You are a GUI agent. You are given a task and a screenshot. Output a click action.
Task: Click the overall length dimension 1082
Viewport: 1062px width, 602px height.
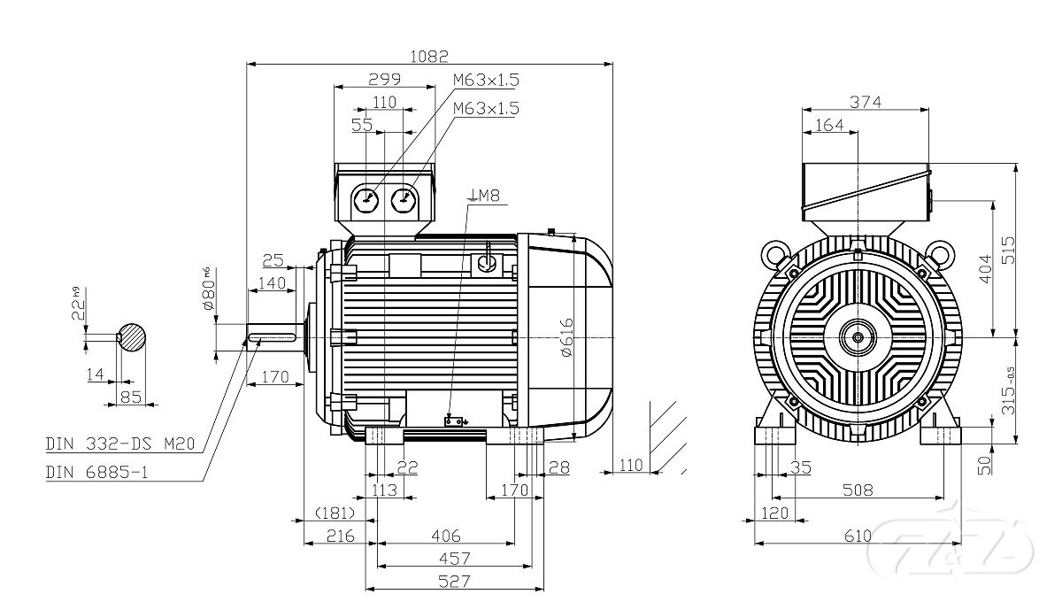(x=429, y=57)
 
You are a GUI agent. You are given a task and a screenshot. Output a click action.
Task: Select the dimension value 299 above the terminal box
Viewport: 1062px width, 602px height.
(x=384, y=79)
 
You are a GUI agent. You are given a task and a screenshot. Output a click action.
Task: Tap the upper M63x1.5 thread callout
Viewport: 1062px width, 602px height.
(x=486, y=80)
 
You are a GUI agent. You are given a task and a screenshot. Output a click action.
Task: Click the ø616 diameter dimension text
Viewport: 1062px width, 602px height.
(x=567, y=336)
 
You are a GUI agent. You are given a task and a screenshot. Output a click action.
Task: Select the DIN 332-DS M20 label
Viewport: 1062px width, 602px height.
(x=120, y=444)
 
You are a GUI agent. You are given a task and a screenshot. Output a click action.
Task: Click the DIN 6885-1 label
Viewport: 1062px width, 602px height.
(x=96, y=472)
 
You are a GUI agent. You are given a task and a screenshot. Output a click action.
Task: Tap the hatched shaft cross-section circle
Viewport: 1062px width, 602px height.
(x=132, y=336)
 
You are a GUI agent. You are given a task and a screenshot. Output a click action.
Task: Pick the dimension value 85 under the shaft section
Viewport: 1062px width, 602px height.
(x=131, y=397)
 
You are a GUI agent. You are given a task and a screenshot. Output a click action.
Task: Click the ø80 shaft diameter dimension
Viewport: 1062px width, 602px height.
(x=210, y=288)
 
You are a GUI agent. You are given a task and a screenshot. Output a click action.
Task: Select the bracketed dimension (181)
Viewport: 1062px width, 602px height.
(x=335, y=513)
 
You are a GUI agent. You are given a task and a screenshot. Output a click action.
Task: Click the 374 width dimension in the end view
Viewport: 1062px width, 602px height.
(x=866, y=102)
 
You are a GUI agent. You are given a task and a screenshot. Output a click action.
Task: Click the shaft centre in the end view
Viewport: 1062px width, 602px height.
(x=857, y=336)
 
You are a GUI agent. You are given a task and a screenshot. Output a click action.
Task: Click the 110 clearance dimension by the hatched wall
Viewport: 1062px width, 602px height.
(x=630, y=464)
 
